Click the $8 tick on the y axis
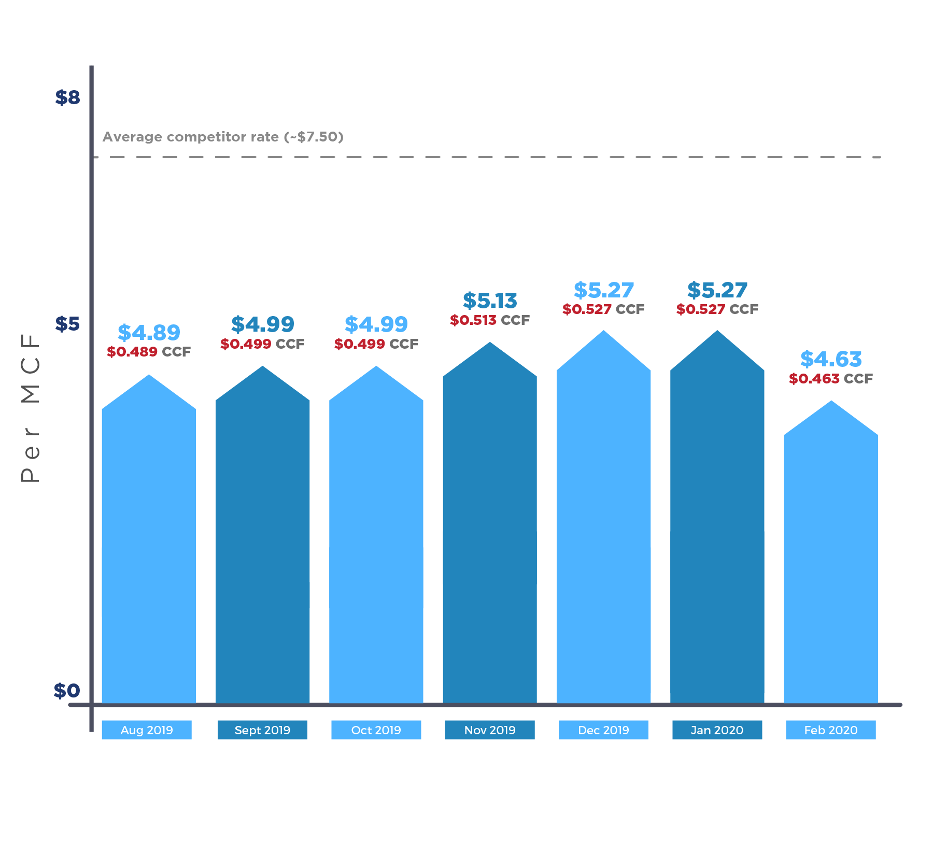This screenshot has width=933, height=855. [x=67, y=97]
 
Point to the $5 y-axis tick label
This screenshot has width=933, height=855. [x=67, y=324]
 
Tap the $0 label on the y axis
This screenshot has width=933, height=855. [x=67, y=691]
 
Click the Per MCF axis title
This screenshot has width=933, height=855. [x=30, y=408]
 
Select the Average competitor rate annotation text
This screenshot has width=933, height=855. [x=223, y=137]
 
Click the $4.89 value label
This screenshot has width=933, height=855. [x=149, y=332]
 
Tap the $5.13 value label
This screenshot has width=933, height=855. [x=490, y=301]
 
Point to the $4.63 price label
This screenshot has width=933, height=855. [x=830, y=359]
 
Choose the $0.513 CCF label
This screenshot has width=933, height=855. [x=490, y=320]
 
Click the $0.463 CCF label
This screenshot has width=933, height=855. [x=830, y=379]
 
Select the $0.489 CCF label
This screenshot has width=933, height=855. [x=149, y=352]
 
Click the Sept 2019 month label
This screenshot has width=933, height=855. [x=262, y=730]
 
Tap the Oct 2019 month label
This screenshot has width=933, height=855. [x=376, y=730]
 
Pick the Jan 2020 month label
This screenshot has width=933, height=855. [x=717, y=730]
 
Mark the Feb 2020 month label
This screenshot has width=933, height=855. [x=830, y=730]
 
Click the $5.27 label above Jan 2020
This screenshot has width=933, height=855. [x=717, y=290]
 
